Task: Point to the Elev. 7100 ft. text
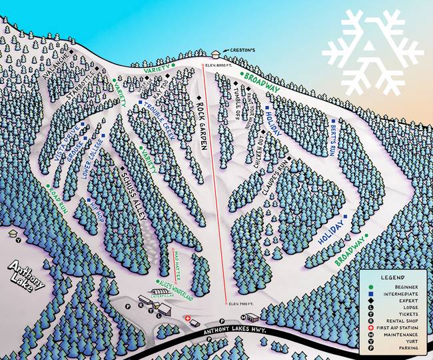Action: [x=243, y=304]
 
